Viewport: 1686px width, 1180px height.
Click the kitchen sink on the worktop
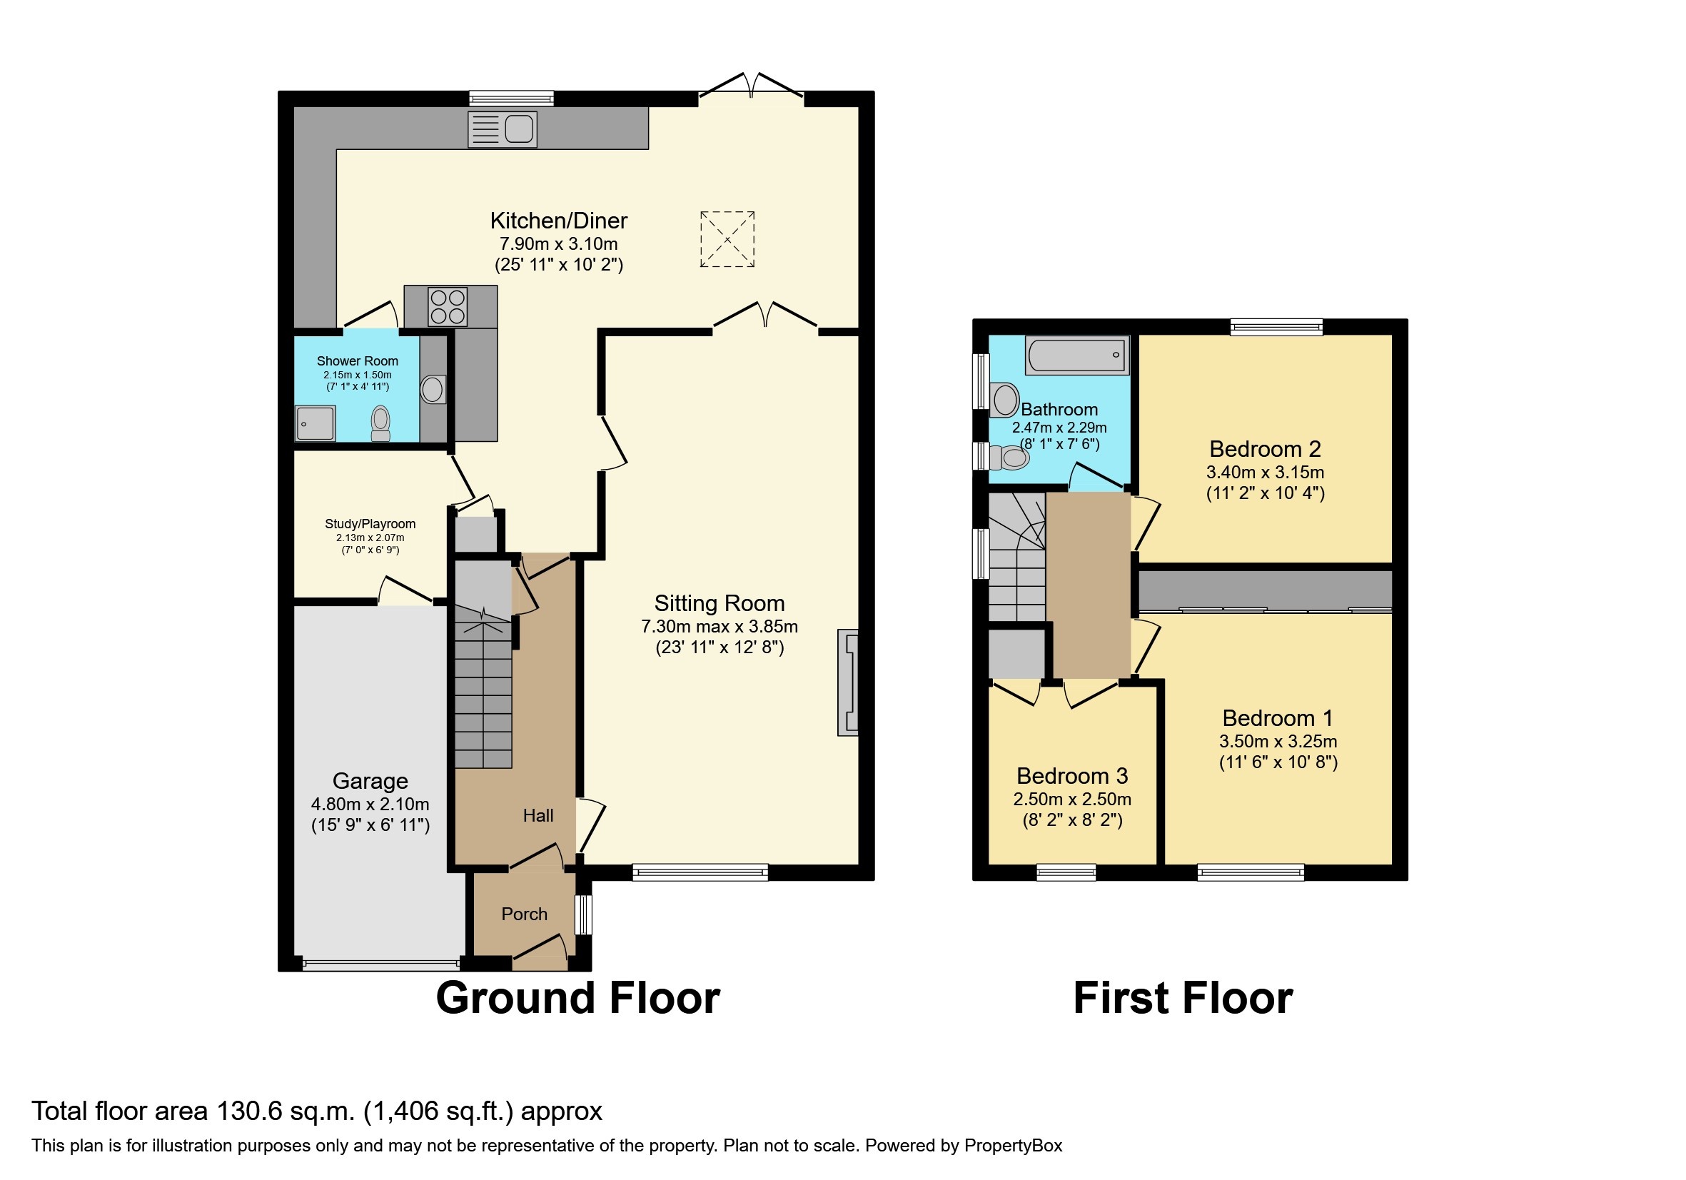(503, 129)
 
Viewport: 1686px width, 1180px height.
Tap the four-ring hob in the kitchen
(448, 306)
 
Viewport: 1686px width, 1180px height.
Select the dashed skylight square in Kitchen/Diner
(727, 238)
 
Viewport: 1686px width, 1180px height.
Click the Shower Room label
(357, 360)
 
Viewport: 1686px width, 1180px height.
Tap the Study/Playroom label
(370, 523)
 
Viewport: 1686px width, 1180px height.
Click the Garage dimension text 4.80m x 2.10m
(370, 803)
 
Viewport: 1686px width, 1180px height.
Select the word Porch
(525, 914)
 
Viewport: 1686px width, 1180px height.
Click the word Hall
(537, 815)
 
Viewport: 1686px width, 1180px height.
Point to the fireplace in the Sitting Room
(847, 682)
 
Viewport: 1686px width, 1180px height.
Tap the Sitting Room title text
(719, 603)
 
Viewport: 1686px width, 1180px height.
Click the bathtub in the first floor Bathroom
(1077, 355)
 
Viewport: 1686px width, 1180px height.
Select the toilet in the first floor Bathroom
(1011, 458)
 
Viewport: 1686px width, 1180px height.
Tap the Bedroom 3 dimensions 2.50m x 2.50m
(1072, 799)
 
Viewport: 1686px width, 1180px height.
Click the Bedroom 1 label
(1277, 717)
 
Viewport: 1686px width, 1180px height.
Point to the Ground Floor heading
(578, 998)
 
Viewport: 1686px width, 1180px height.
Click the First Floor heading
(1182, 998)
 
